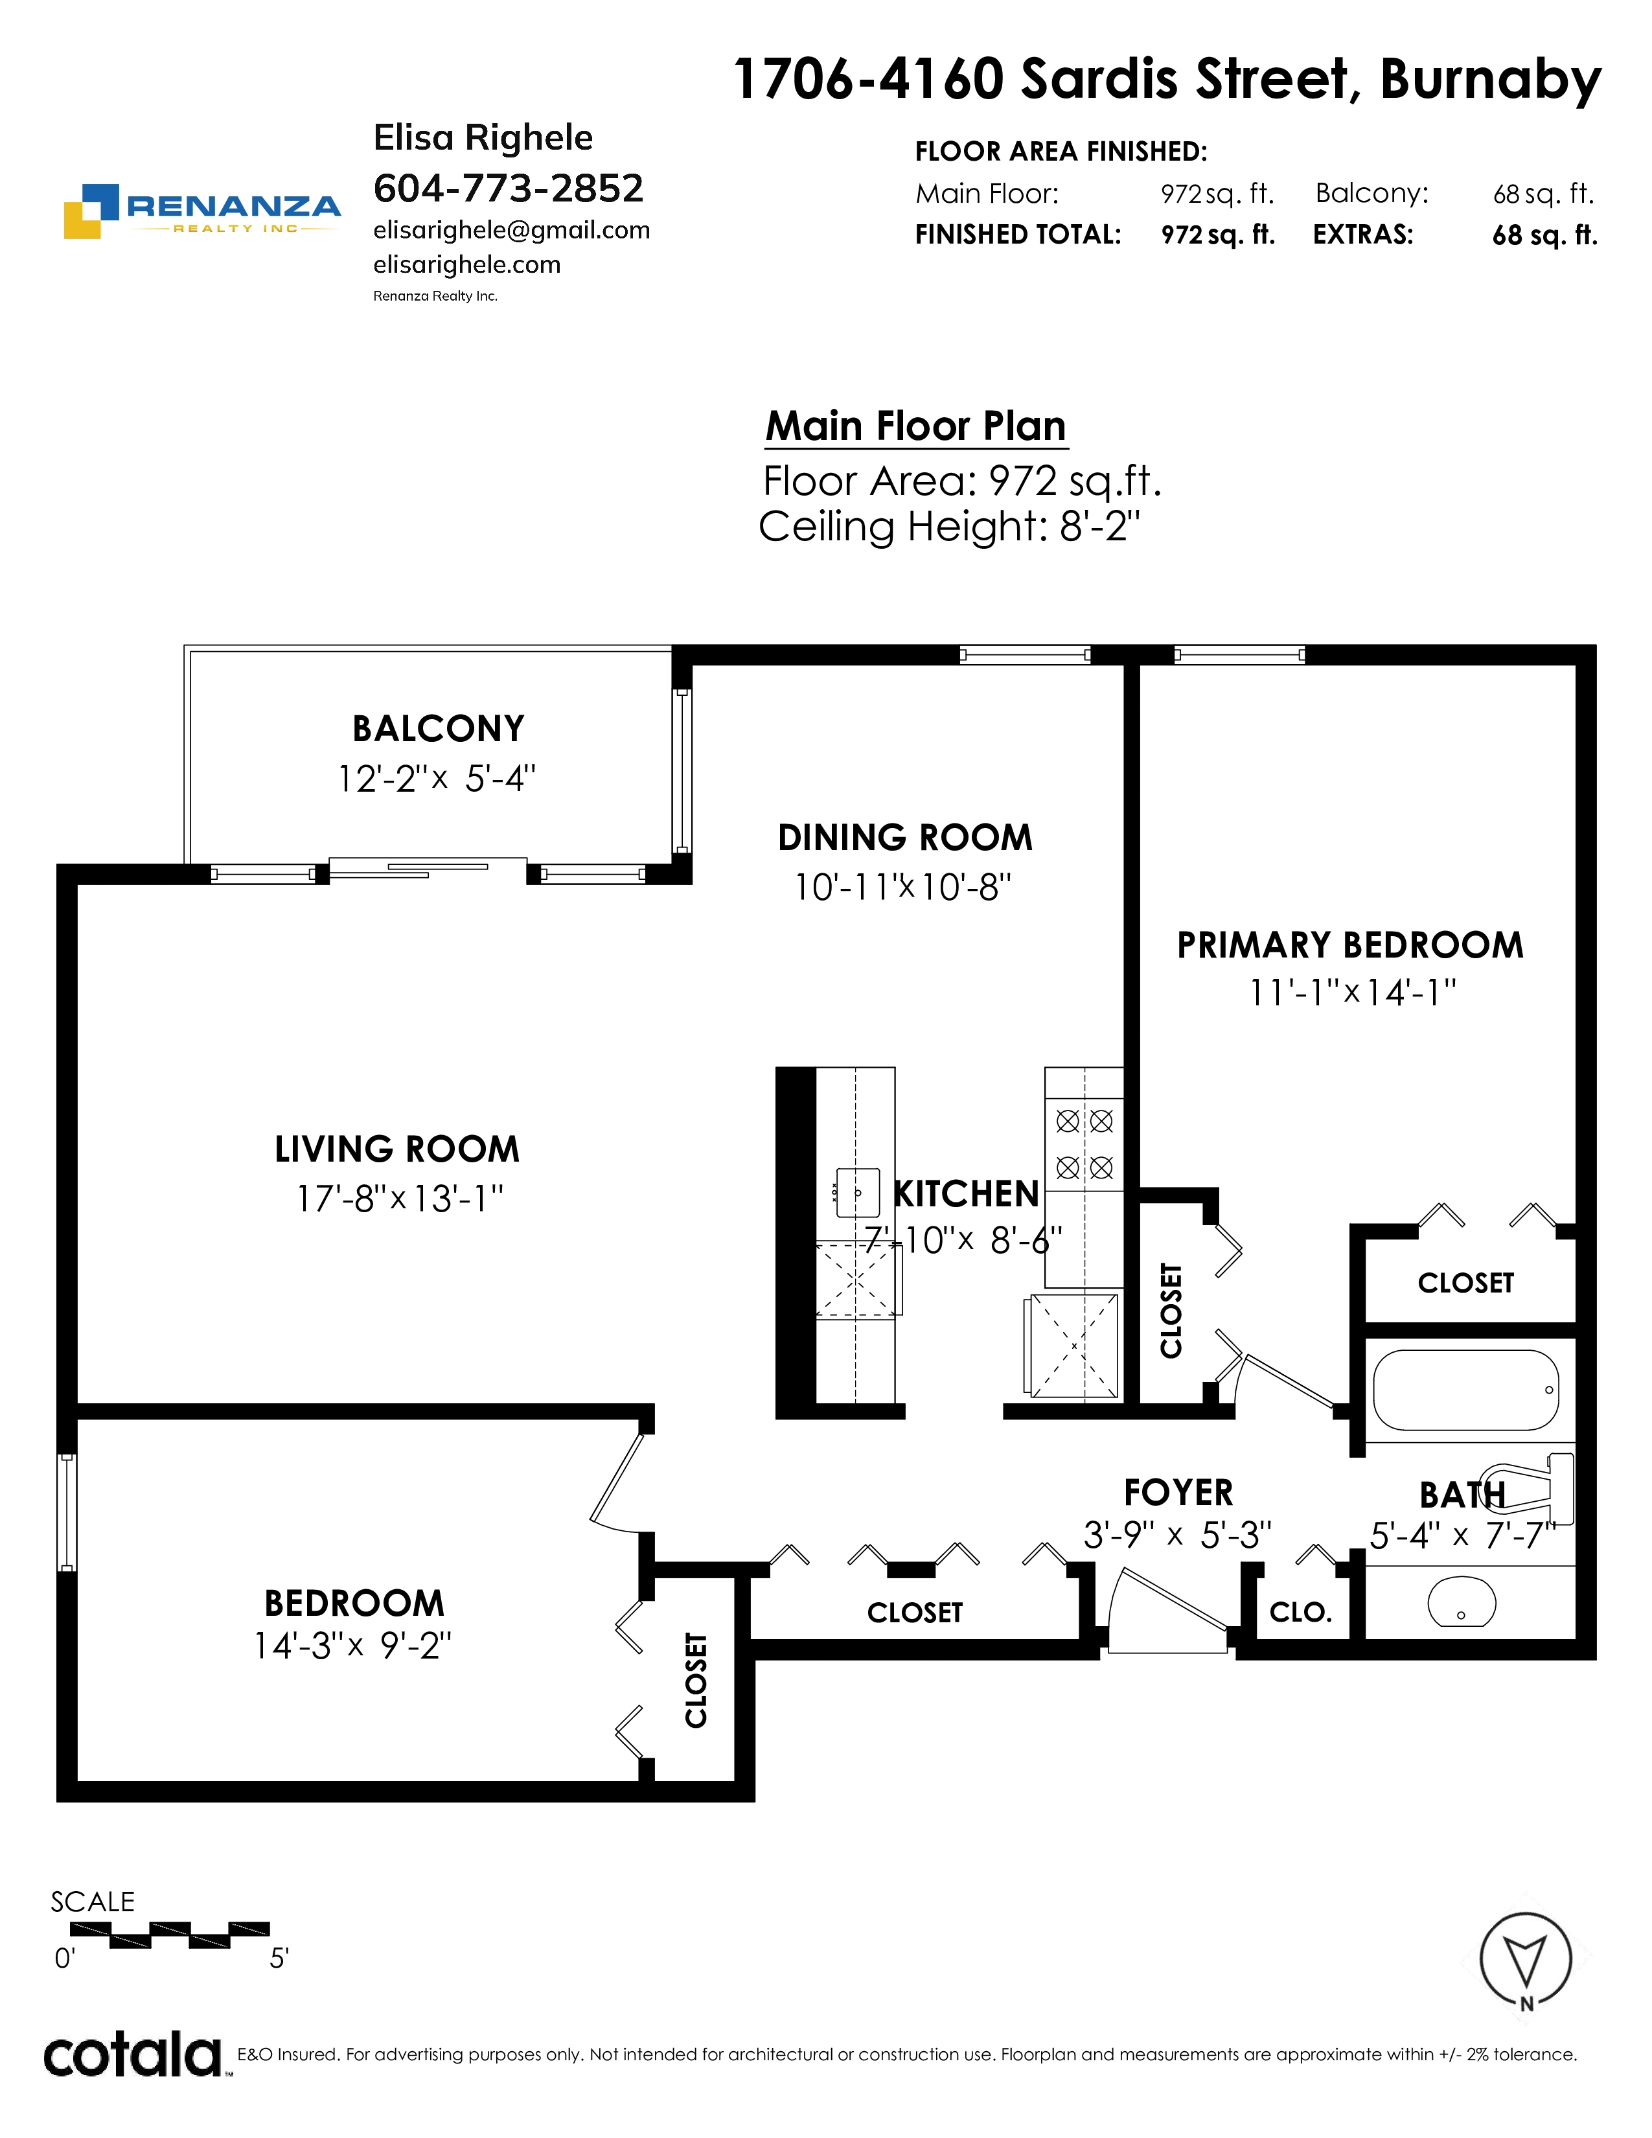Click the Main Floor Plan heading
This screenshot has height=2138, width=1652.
[x=916, y=427]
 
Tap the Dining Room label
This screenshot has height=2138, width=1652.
[x=905, y=838]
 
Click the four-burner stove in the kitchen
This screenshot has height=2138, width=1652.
[x=1084, y=1144]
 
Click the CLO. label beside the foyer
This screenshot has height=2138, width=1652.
[x=1301, y=1613]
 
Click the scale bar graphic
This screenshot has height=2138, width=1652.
[x=169, y=1935]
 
